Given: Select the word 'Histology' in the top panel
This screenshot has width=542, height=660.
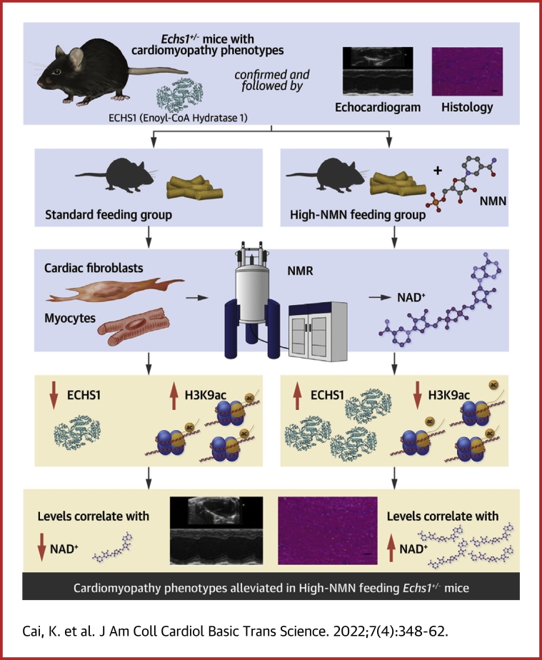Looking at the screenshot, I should point(467,108).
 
